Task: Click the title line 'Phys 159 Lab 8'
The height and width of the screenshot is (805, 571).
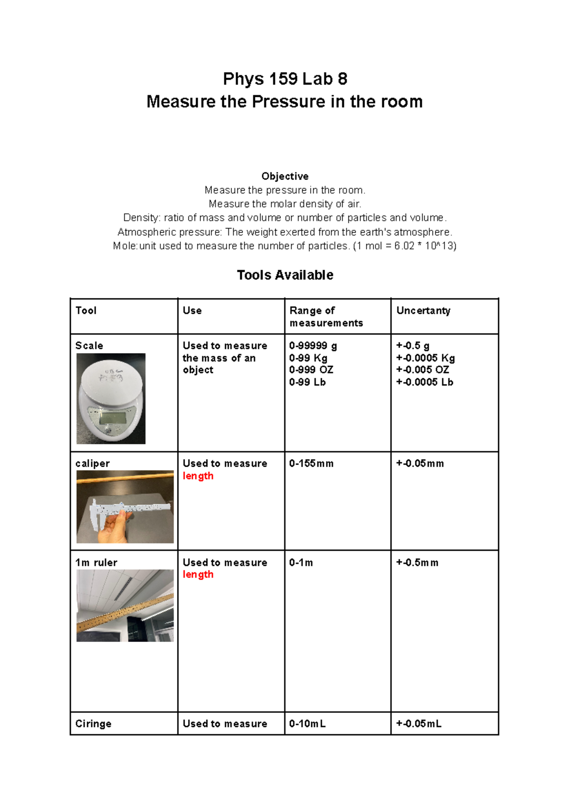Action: [x=285, y=79]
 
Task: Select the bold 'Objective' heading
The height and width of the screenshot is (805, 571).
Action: [x=285, y=176]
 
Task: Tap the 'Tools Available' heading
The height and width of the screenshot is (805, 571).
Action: [x=285, y=275]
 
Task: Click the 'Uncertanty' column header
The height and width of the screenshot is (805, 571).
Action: [x=423, y=311]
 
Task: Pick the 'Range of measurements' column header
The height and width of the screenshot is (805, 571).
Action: [x=326, y=316]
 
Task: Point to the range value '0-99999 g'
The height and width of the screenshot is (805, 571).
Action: [x=313, y=346]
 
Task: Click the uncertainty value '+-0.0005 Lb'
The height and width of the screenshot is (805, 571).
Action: [x=424, y=382]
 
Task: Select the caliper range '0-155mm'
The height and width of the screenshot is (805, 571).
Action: [x=311, y=464]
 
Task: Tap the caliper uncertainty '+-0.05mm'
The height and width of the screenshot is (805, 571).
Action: [x=420, y=464]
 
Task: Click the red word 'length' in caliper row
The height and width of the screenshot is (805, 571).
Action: [x=198, y=476]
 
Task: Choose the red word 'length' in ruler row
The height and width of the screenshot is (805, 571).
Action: [x=198, y=575]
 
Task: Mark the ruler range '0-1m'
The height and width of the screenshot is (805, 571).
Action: [x=301, y=563]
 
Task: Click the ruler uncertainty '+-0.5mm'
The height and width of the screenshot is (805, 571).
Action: [x=417, y=563]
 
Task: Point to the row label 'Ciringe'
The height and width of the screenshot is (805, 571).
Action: [x=93, y=724]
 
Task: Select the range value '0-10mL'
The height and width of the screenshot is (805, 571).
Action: [x=307, y=724]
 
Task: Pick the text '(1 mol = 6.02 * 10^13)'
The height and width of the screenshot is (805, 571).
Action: [x=404, y=246]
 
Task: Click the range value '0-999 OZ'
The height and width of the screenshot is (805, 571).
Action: [x=311, y=370]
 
